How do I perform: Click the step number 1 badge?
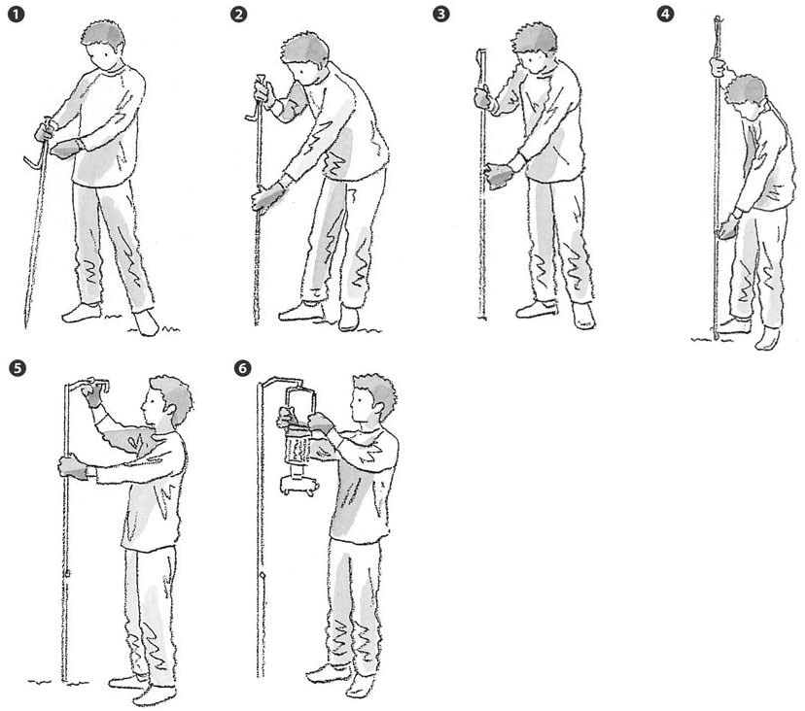point(16,14)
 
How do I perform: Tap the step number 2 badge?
point(239,14)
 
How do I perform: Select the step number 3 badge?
point(441,14)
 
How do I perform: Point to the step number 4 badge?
point(665,14)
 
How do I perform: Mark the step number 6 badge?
point(242,368)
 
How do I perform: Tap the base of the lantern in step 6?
point(297,486)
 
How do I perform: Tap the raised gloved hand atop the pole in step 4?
point(717,67)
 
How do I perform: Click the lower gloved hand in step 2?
point(267,197)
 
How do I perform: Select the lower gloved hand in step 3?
point(498,175)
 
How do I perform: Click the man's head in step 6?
point(373,397)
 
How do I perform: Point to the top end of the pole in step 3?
point(481,51)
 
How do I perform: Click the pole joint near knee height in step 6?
point(262,575)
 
